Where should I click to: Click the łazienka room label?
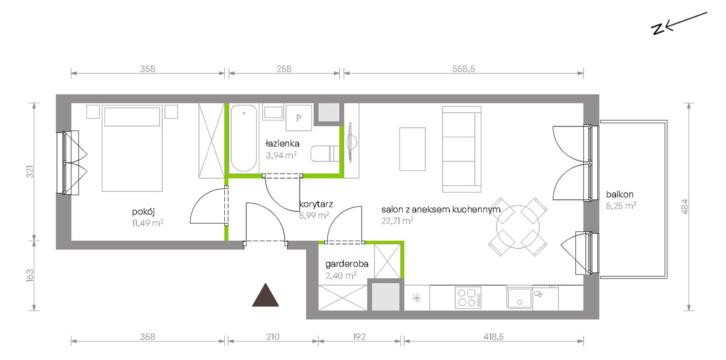click(282, 144)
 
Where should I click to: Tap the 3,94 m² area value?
click(281, 155)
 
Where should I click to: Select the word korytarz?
click(316, 204)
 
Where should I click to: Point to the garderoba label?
click(347, 264)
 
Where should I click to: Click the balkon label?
click(619, 194)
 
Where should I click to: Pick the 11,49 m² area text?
click(147, 223)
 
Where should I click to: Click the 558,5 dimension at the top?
click(463, 69)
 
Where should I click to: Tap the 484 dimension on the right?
click(684, 206)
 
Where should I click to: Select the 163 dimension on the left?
click(30, 276)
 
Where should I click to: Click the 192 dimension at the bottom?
click(359, 337)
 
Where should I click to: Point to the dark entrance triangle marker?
click(265, 295)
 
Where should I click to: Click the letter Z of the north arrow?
click(658, 29)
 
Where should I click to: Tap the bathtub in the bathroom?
click(244, 138)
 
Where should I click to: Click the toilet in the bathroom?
click(325, 153)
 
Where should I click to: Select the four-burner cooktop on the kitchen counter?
click(468, 298)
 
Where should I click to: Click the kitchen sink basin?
click(519, 298)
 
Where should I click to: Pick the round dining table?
click(518, 227)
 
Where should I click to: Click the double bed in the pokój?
click(132, 148)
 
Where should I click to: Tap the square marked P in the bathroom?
click(299, 118)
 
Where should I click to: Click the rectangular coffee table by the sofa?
click(412, 149)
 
